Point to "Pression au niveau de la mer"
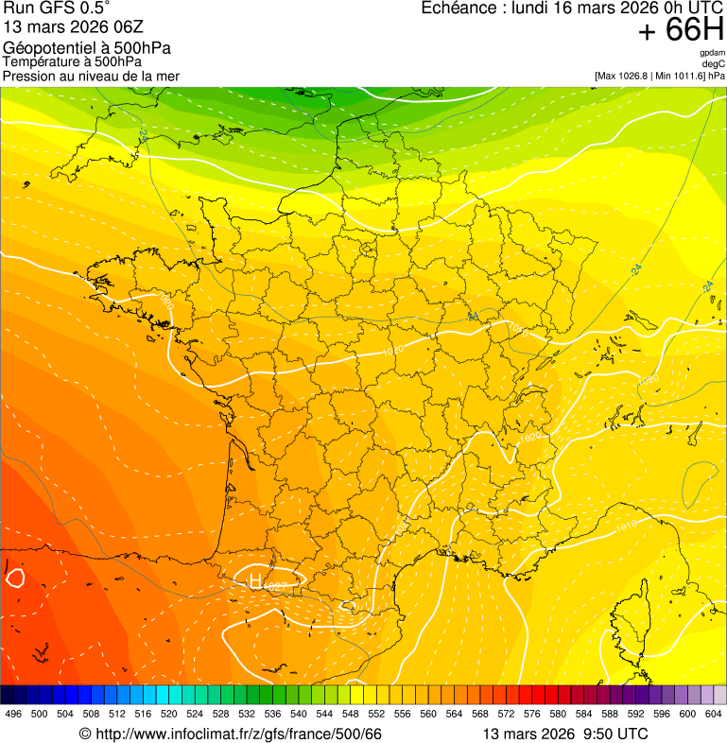(x=91, y=76)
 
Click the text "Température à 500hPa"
(x=72, y=62)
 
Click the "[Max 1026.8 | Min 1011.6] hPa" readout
(x=659, y=76)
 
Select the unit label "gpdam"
(x=712, y=53)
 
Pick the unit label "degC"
(x=714, y=64)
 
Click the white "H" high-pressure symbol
(x=253, y=579)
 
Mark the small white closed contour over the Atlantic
(x=14, y=576)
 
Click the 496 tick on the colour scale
(x=13, y=714)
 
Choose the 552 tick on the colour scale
(x=376, y=714)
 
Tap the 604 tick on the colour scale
(x=714, y=714)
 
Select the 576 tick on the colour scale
(x=532, y=714)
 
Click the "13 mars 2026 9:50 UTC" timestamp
(x=564, y=734)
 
